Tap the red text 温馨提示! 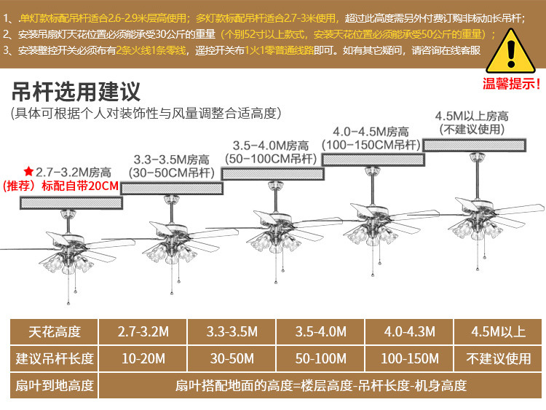click(x=512, y=83)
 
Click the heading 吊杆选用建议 click(x=76, y=92)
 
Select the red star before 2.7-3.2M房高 click(x=28, y=171)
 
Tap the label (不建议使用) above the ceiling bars click(x=472, y=129)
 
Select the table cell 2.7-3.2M click(x=143, y=331)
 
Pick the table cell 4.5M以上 click(x=499, y=331)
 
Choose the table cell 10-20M click(x=143, y=358)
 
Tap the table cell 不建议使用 click(x=499, y=358)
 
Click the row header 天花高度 click(x=55, y=331)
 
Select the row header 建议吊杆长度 click(x=55, y=358)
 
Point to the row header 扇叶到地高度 click(x=55, y=385)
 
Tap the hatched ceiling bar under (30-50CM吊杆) click(x=171, y=188)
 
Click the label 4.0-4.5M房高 click(x=371, y=132)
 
